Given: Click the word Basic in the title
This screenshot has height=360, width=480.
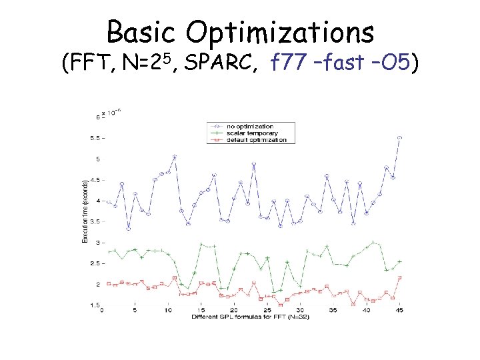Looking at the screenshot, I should pos(142,31).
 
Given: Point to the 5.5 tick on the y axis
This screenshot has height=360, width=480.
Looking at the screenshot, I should pos(95,138).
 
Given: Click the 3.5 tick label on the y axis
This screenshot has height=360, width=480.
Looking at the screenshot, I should pos(95,221).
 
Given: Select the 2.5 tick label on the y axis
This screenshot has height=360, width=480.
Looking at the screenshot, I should pos(95,263).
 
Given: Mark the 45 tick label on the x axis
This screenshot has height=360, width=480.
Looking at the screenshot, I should pos(399,310).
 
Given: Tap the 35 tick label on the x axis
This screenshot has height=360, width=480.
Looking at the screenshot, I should pos(333,310).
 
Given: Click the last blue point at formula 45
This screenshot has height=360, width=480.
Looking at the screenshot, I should pos(399,137).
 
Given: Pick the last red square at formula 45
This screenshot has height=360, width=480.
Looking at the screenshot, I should pos(399,277).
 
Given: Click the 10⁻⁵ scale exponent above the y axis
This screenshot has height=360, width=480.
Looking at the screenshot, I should pos(114,113).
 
